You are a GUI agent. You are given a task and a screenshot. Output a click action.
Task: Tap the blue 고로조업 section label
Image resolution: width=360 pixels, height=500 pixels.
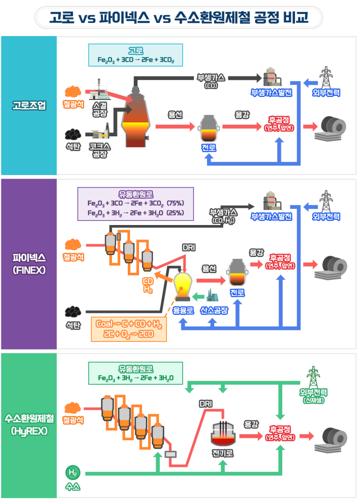[28, 106]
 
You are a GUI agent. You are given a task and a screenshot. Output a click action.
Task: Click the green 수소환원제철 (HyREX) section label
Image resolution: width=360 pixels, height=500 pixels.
[28, 425]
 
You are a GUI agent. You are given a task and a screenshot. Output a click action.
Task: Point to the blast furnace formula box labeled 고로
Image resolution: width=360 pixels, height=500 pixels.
[135, 55]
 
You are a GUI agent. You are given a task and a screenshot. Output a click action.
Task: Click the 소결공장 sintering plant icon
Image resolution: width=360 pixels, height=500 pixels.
[98, 90]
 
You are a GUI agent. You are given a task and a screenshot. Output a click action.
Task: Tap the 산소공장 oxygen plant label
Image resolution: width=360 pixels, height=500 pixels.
[214, 311]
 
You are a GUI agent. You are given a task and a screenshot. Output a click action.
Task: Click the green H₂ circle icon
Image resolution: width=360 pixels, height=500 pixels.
[72, 473]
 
